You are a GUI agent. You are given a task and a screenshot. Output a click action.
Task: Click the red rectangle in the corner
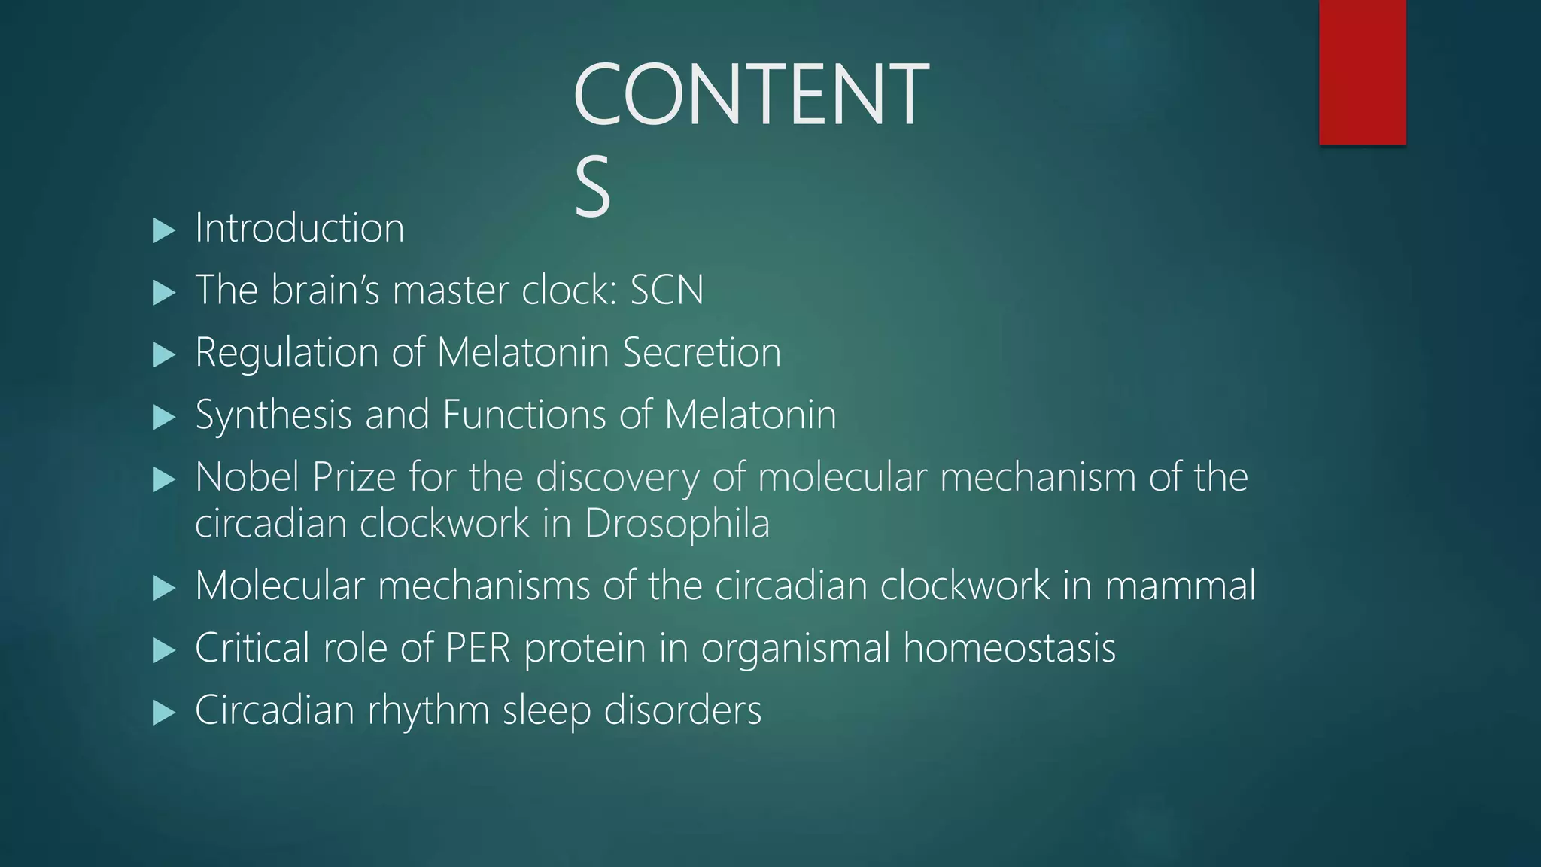[1362, 72]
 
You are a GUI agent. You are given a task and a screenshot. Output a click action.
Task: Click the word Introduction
[299, 228]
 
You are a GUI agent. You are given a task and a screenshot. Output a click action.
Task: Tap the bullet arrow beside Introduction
[163, 230]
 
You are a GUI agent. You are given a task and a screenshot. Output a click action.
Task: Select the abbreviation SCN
[667, 291]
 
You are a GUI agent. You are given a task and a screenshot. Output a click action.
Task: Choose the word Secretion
[702, 352]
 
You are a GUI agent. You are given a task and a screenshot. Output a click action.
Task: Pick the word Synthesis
[273, 415]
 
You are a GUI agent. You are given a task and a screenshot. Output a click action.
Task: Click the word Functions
[524, 415]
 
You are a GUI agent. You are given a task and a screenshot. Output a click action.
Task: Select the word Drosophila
[677, 524]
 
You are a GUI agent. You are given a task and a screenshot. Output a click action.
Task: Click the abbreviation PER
[478, 648]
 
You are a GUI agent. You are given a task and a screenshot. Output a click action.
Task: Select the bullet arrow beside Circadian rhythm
[163, 712]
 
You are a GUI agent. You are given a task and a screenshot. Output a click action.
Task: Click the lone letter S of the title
[592, 187]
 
